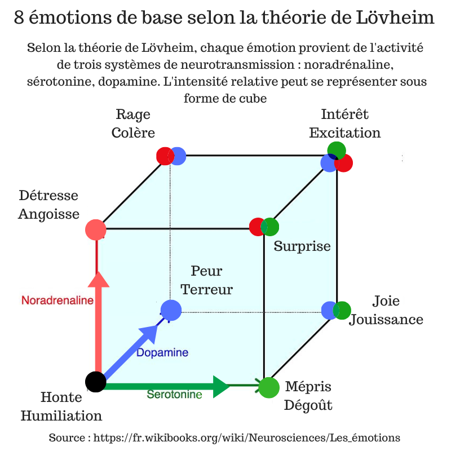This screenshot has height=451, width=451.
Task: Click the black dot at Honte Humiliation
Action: pos(96,382)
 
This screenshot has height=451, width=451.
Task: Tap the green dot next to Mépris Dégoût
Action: pos(269,387)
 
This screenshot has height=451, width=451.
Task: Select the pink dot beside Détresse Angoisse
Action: pos(96,229)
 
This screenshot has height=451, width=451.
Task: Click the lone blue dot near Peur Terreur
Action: pos(171,310)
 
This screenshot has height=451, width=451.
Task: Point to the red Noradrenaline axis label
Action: pos(58,300)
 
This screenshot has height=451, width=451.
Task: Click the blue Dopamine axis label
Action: pos(162,352)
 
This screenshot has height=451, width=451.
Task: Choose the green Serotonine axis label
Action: pos(174,394)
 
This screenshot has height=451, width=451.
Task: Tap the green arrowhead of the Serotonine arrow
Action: pos(222,387)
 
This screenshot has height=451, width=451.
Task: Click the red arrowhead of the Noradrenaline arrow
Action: pos(99,280)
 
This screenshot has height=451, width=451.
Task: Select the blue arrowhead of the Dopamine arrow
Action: pos(149,334)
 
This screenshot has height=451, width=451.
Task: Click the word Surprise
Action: pos(302,246)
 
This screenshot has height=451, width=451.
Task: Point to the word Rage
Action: pos(133,114)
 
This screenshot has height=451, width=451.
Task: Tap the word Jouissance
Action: pos(386,320)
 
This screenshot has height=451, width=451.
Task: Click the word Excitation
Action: pos(345,133)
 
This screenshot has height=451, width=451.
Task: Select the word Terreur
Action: pos(206,289)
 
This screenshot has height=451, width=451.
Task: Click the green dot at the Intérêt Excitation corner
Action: pos(337,150)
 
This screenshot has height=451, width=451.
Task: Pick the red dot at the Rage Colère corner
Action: pos(165,156)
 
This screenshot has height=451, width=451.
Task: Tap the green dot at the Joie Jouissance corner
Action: pos(342,311)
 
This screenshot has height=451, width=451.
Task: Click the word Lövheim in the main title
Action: pos(395,17)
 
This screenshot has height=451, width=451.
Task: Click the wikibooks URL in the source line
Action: pos(247,438)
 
